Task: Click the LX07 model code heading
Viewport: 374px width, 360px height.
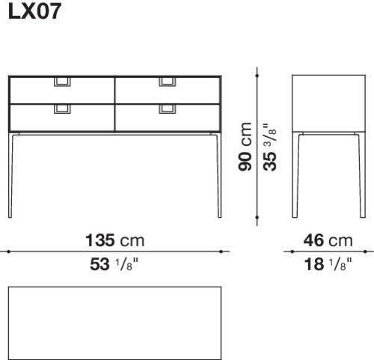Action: pos(34,11)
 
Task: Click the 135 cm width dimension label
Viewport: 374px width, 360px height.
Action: pos(115,240)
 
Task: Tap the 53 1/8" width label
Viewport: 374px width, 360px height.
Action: pos(114,264)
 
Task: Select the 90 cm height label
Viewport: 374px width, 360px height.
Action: pos(245,147)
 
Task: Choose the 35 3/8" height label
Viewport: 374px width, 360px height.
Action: pos(270,147)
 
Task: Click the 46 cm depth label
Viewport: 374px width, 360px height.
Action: pos(328,240)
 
